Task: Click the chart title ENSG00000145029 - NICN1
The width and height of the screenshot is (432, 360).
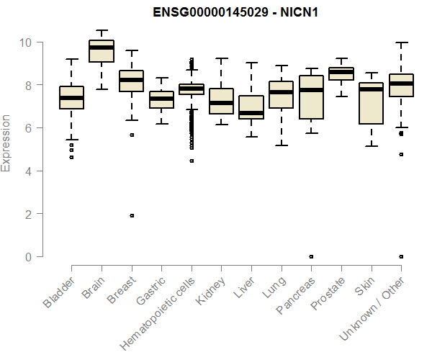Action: [x=235, y=12]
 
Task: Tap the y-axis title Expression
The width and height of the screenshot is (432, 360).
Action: [x=6, y=143]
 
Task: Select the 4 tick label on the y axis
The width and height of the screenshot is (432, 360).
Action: [x=28, y=171]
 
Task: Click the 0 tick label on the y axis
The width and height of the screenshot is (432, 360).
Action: [x=28, y=257]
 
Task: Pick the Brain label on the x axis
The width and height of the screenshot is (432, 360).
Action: [x=94, y=287]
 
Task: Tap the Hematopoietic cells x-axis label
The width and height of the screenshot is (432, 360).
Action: [x=158, y=313]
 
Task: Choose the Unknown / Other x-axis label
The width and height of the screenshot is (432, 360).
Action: [x=372, y=308]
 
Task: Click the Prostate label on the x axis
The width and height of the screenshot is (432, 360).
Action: [x=328, y=293]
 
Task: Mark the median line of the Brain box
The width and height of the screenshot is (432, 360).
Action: [x=102, y=48]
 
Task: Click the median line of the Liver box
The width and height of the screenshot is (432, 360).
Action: [x=251, y=113]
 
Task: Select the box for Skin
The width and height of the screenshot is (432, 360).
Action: [x=372, y=103]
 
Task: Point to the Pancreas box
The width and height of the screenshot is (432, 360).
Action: [x=311, y=97]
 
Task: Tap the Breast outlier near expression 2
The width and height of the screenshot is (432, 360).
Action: [x=132, y=216]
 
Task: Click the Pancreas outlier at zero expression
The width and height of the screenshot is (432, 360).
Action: [x=311, y=257]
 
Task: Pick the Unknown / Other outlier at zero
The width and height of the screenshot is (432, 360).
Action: [x=402, y=257]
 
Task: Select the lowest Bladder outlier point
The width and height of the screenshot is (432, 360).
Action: [x=71, y=158]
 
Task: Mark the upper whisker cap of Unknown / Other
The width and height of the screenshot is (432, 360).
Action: [x=401, y=42]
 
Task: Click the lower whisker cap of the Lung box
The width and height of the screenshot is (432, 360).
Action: [x=282, y=145]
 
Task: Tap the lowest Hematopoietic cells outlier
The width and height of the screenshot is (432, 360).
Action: [x=192, y=161]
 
